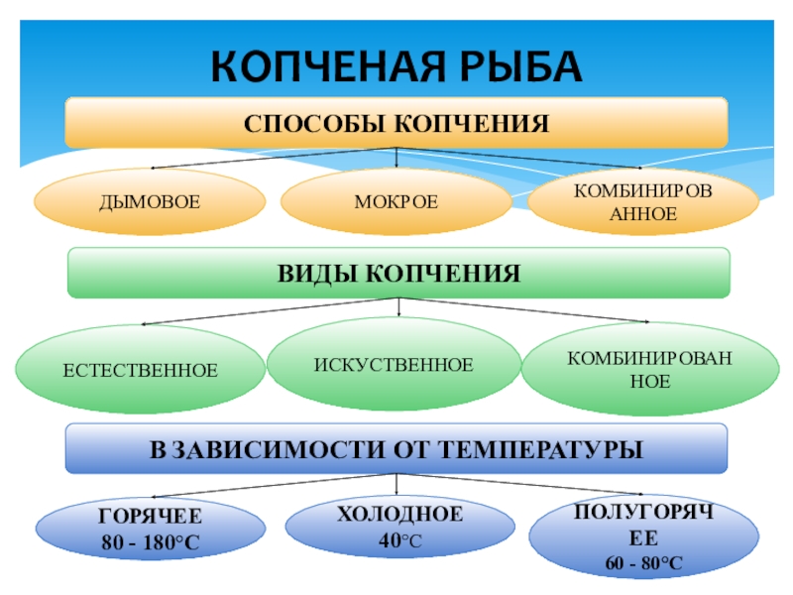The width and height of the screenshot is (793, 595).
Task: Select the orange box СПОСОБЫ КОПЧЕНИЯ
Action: pyautogui.click(x=396, y=123)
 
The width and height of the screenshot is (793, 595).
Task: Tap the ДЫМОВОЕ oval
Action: pyautogui.click(x=150, y=202)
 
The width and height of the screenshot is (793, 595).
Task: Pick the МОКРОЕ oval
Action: pyautogui.click(x=396, y=202)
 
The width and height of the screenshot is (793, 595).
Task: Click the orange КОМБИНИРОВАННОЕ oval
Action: pyautogui.click(x=642, y=201)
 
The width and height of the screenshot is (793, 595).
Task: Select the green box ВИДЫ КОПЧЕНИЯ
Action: pyautogui.click(x=397, y=273)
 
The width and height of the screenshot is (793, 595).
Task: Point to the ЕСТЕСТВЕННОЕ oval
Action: pyautogui.click(x=141, y=371)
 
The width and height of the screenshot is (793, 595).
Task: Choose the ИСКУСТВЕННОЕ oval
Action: pyautogui.click(x=395, y=365)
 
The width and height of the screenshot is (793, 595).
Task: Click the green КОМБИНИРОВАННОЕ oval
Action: pyautogui.click(x=649, y=368)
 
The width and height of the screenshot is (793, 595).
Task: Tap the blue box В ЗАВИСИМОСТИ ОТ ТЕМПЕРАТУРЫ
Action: pyautogui.click(x=396, y=449)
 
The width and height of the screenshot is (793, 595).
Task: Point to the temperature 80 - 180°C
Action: pyautogui.click(x=151, y=543)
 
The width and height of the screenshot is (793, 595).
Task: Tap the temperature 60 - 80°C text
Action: pyautogui.click(x=644, y=563)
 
